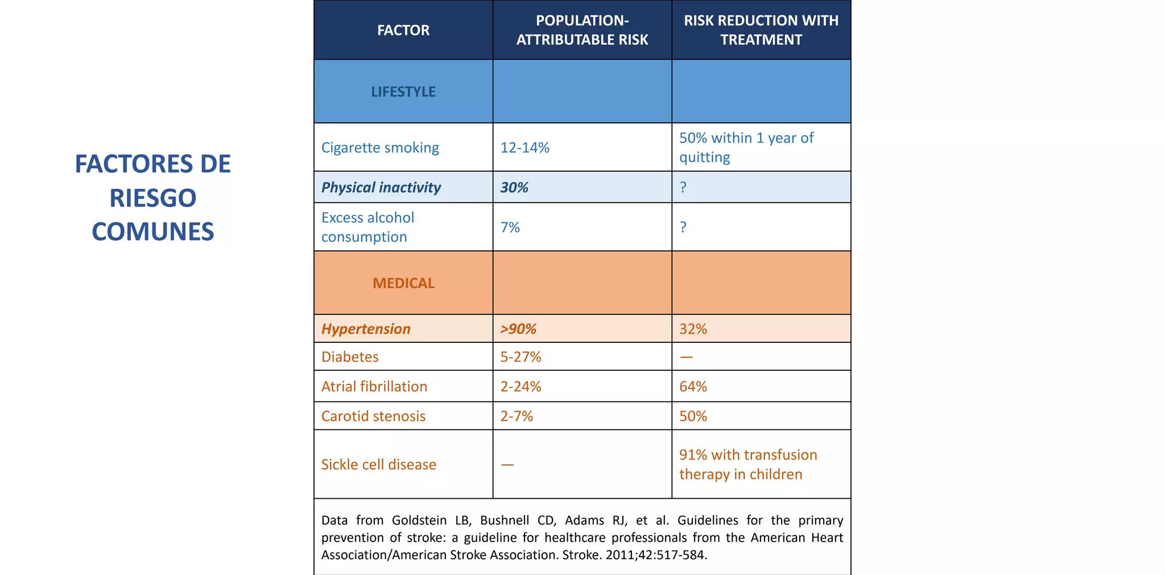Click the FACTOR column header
(403, 30)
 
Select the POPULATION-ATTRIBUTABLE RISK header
(582, 30)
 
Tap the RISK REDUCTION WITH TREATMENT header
(761, 30)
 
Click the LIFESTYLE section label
(403, 92)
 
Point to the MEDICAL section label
(403, 283)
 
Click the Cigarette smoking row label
(380, 148)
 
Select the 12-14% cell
(524, 148)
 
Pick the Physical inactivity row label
(381, 188)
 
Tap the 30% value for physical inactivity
(514, 188)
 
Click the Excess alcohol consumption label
(367, 227)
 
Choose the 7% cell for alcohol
(510, 227)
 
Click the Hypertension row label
(366, 329)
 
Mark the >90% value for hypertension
(518, 329)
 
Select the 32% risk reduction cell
(693, 329)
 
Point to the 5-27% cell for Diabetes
(520, 357)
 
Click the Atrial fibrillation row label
(374, 387)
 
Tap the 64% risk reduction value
(693, 387)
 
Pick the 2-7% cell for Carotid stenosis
(517, 416)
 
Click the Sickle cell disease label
(378, 465)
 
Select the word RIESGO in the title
(152, 198)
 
